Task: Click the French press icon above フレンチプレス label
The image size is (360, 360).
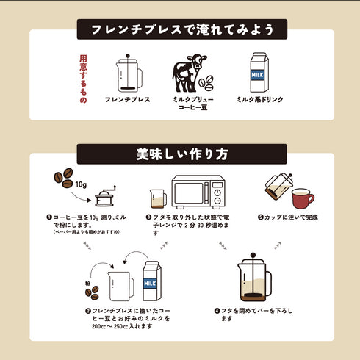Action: [x=128, y=71]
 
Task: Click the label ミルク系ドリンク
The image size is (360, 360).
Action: [x=259, y=98]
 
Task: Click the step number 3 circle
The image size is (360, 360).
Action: [x=148, y=218]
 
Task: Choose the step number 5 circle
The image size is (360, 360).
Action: [x=261, y=217]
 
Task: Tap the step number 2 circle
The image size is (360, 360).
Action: [x=88, y=311]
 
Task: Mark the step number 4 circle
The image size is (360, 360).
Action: [x=217, y=311]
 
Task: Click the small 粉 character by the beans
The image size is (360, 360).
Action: [x=87, y=282]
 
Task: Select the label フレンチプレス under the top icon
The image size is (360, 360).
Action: [x=128, y=98]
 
